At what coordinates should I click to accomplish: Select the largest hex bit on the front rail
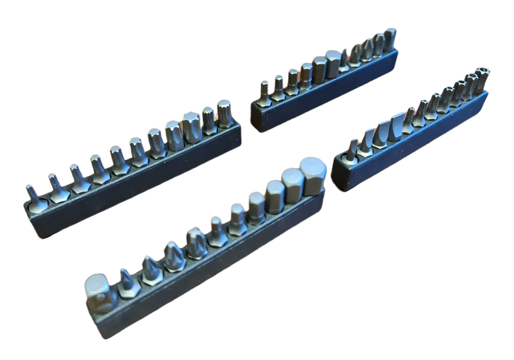pos(313,175)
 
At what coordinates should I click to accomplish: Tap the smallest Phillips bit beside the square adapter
pos(127,281)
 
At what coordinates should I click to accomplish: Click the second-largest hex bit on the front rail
pos(293,182)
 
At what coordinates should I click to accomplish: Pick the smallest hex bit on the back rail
pos(264,92)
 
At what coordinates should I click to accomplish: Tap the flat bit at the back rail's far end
pos(390,40)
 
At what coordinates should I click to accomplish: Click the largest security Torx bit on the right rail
pos(479,79)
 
